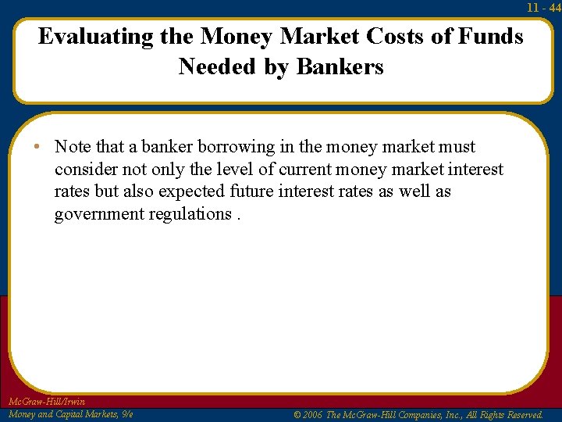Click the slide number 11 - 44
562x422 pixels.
coord(543,7)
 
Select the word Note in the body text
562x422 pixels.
coord(73,147)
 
